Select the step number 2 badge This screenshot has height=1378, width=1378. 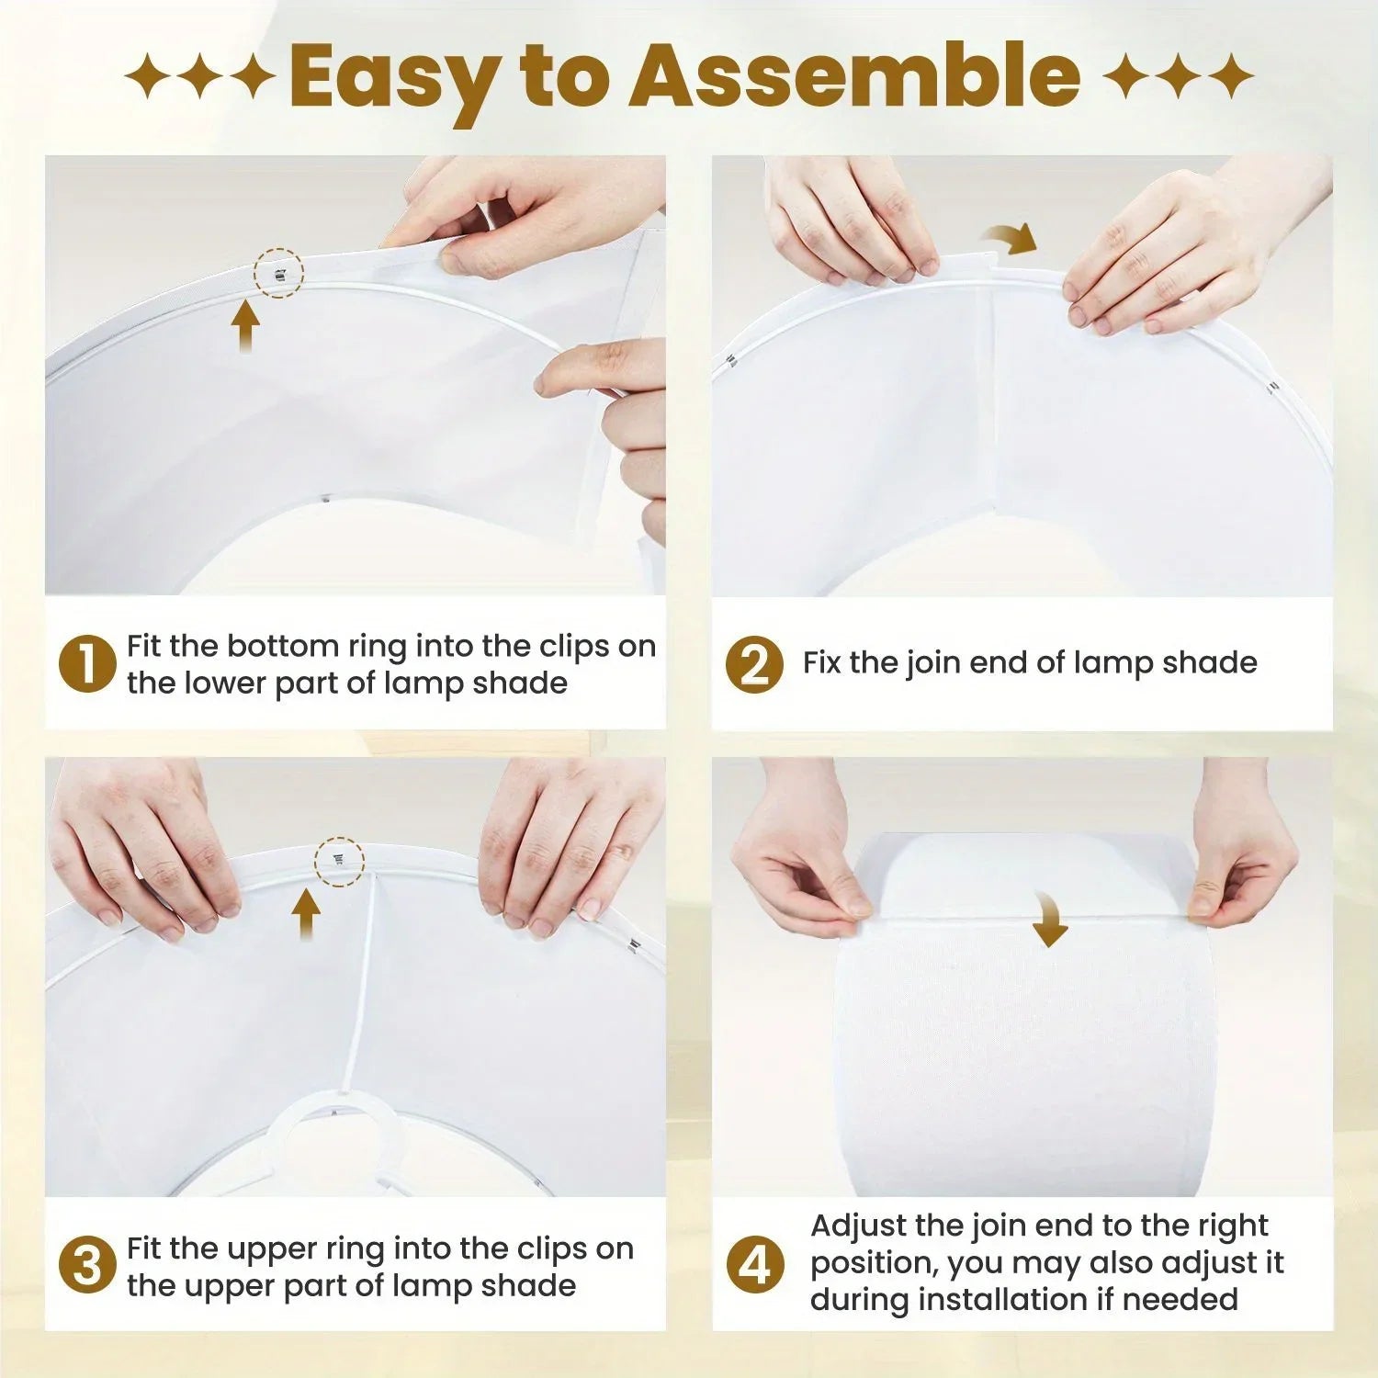pyautogui.click(x=754, y=664)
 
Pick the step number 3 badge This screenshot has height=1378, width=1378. pyautogui.click(x=87, y=1265)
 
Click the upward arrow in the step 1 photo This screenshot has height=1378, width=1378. pyautogui.click(x=245, y=327)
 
